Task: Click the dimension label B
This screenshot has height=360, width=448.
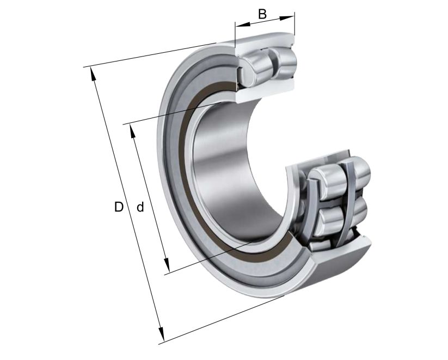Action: pos(262,13)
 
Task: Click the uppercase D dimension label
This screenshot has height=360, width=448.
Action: pos(119,207)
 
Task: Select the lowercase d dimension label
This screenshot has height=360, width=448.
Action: pos(140,207)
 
